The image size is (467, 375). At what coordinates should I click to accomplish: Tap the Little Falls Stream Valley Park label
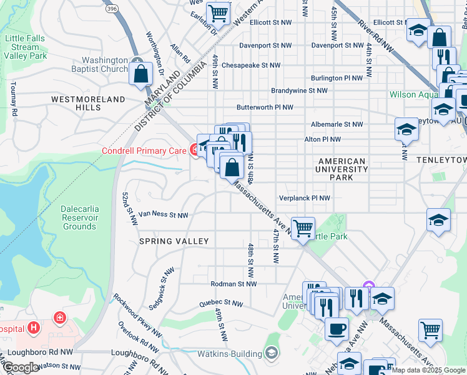click(25, 47)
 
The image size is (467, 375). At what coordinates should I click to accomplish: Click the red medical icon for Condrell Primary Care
click(195, 150)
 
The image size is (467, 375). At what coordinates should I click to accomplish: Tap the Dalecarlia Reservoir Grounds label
click(79, 217)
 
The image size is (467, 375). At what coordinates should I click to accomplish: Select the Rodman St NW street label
click(234, 284)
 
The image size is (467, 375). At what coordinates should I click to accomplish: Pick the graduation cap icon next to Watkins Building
click(271, 354)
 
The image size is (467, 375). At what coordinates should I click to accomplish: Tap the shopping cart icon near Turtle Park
click(303, 228)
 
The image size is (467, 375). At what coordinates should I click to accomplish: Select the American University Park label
click(341, 169)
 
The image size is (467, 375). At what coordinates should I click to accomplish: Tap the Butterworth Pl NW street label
click(264, 107)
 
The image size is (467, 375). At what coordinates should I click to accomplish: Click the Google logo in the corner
click(21, 367)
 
